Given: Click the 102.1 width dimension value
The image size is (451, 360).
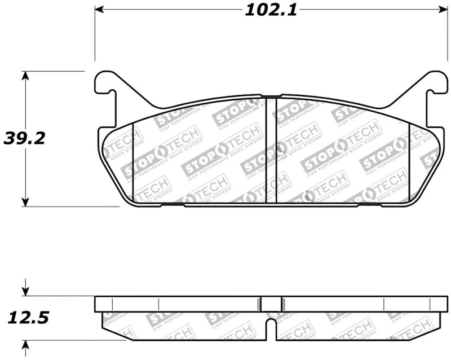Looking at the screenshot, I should point(270,10).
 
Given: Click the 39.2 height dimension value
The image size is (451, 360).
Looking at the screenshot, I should point(24,138).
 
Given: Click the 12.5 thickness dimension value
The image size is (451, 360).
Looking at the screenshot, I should point(28,318).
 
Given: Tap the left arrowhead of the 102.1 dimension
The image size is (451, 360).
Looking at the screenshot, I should point(100,10).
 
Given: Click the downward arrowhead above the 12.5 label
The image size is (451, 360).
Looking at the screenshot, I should point(25,292).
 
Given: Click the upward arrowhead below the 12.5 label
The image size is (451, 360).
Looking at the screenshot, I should point(25,344).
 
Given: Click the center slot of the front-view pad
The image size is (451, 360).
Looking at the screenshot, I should point(271,150).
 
